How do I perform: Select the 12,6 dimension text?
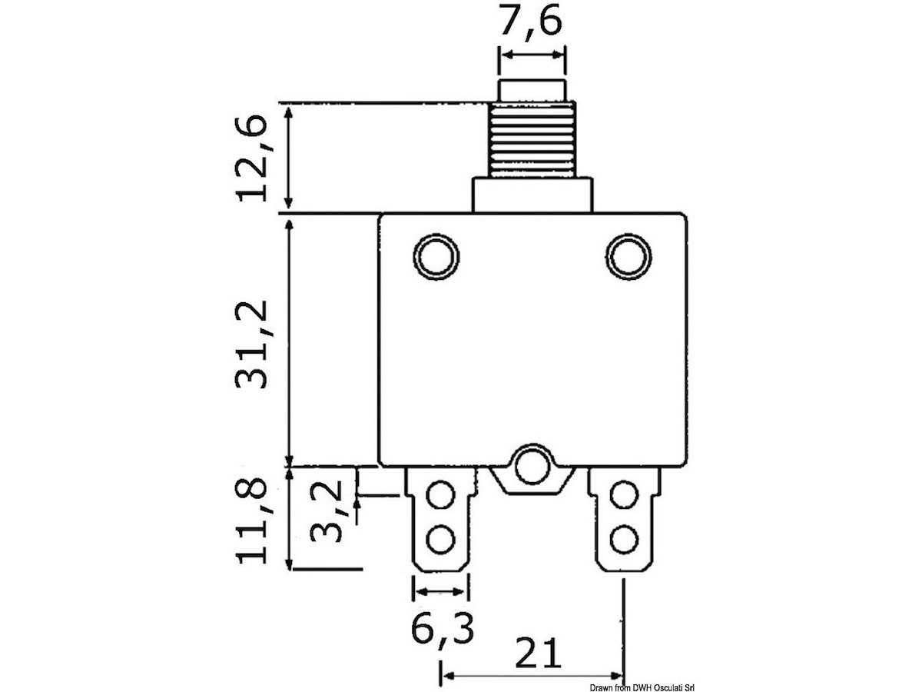pos(251,158)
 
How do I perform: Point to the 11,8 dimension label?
pos(251,521)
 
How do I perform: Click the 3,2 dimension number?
pos(327,511)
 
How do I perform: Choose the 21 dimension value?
pos(537,654)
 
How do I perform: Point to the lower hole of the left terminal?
pos(440,538)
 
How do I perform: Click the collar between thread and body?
pos(532,195)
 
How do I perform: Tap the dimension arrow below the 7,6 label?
pos(532,56)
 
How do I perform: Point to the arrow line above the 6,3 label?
pos(440,591)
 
